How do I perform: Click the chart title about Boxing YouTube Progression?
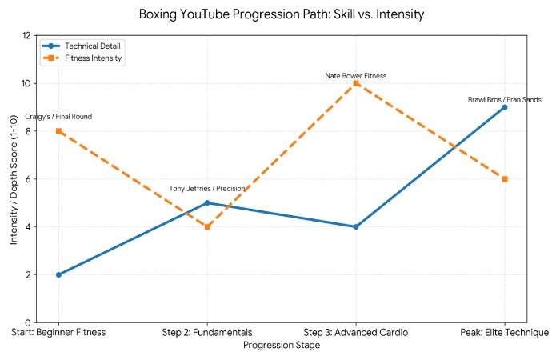click(280, 14)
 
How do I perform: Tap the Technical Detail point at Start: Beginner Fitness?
click(58, 274)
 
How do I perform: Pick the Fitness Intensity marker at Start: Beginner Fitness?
click(58, 131)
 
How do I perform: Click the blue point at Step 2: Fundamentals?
click(207, 202)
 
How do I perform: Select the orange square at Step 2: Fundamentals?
click(207, 226)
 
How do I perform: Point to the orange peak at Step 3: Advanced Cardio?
click(356, 83)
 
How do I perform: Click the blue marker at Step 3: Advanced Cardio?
click(356, 226)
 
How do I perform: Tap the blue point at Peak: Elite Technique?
click(505, 107)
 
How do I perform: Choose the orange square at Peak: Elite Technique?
click(505, 179)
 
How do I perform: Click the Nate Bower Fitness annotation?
click(356, 76)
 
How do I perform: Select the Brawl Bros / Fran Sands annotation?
click(505, 100)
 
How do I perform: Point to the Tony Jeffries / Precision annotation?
click(207, 189)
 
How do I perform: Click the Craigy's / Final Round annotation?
click(58, 117)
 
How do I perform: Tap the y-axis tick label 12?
click(26, 36)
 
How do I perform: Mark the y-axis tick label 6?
click(28, 179)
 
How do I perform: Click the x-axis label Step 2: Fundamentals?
click(207, 332)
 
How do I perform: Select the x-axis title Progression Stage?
click(282, 346)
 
